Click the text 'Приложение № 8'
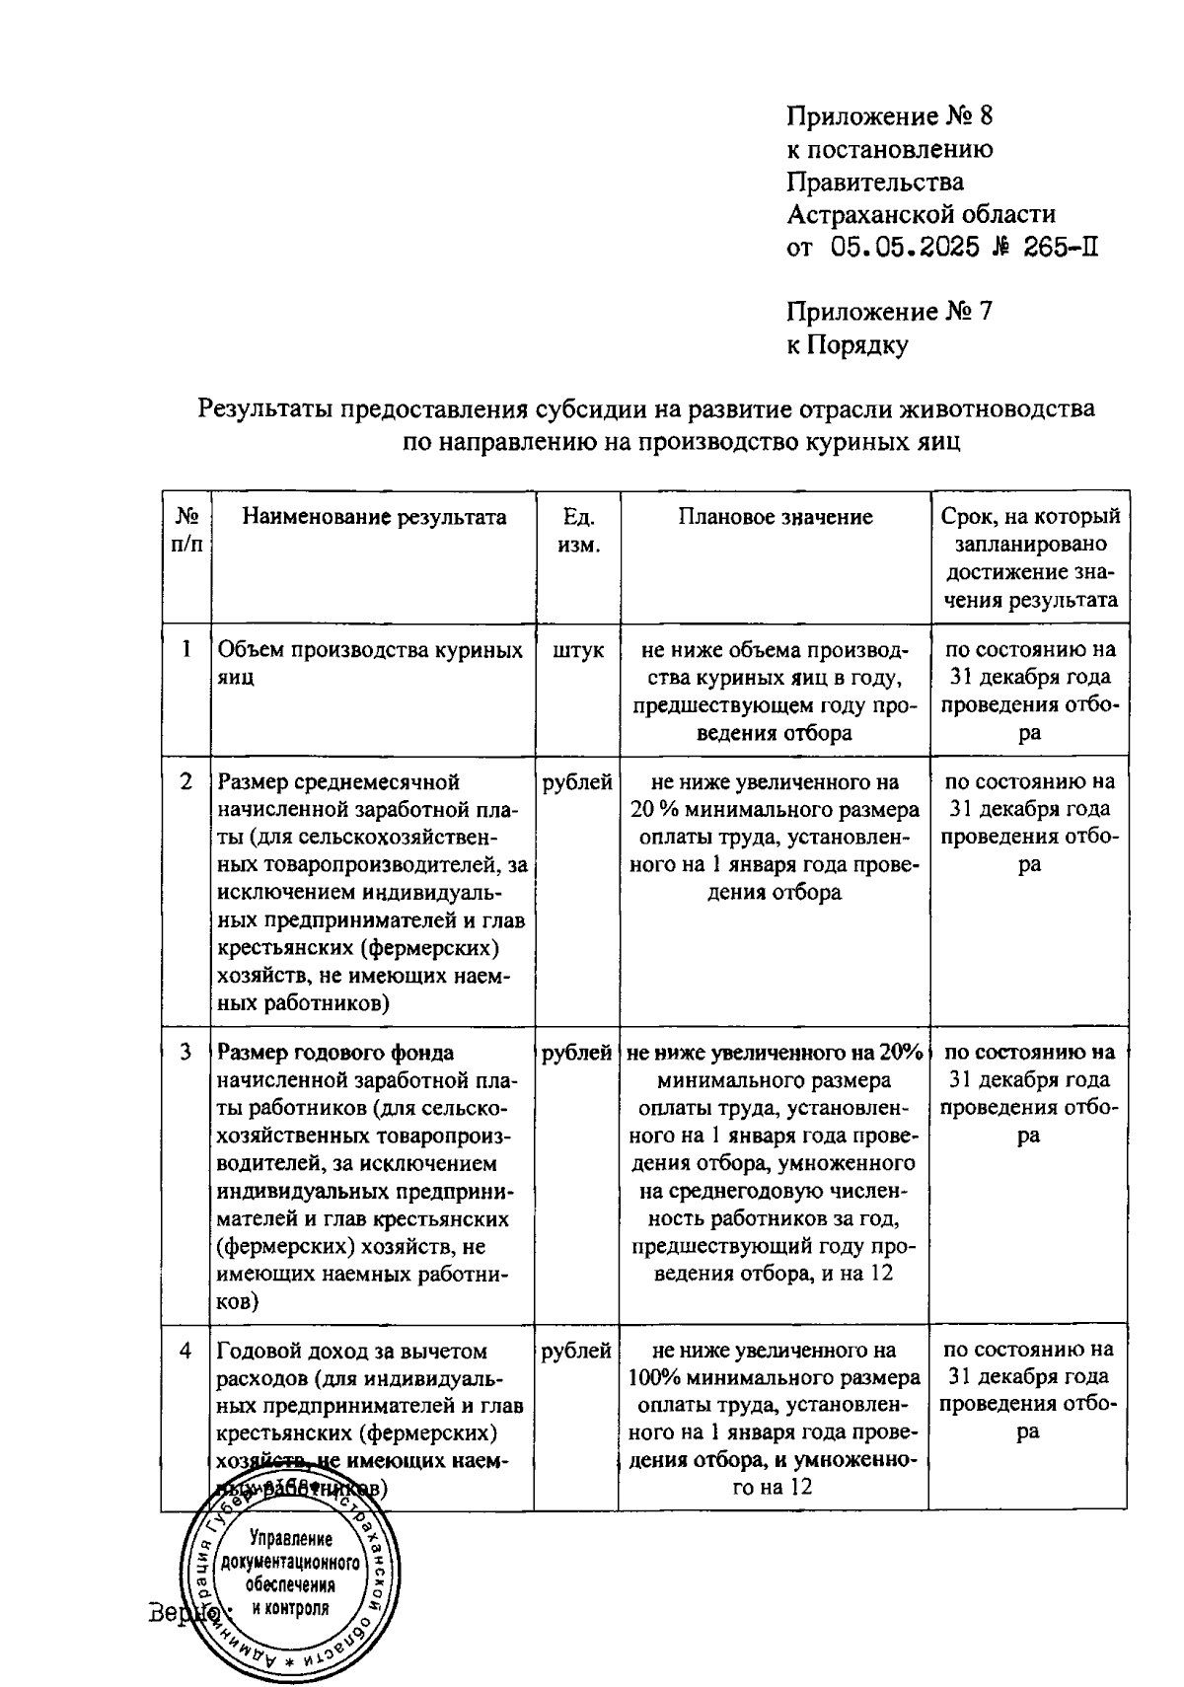tap(889, 116)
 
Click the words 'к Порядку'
tap(847, 344)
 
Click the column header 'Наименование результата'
tap(375, 517)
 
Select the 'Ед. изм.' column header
tap(578, 531)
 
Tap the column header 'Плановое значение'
tap(775, 517)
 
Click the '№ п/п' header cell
tap(187, 531)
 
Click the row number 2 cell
tap(186, 782)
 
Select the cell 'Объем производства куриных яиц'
tap(370, 664)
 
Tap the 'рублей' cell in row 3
tap(577, 1053)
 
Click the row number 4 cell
tap(186, 1351)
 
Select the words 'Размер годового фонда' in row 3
tap(335, 1053)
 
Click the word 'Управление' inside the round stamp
tap(291, 1538)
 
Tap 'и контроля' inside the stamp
tap(290, 1607)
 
